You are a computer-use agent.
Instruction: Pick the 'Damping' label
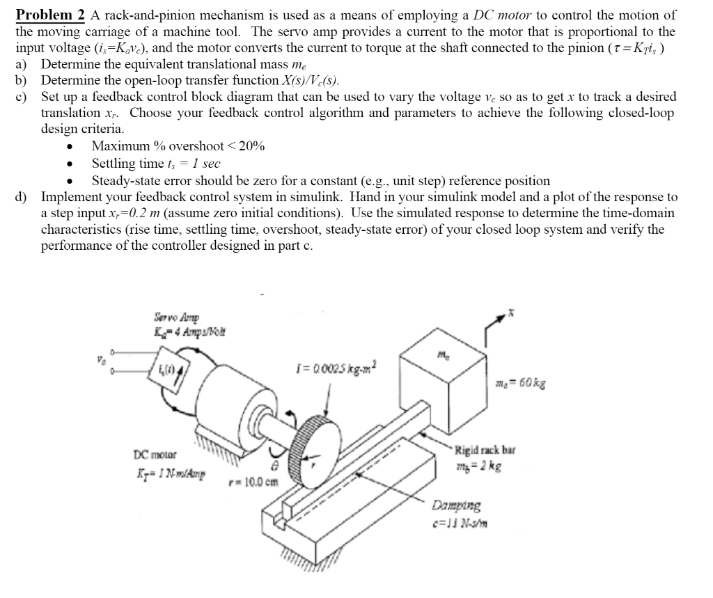(x=455, y=505)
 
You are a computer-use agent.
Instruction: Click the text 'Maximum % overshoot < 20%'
(x=178, y=146)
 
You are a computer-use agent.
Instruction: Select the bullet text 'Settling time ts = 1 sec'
(x=157, y=164)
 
